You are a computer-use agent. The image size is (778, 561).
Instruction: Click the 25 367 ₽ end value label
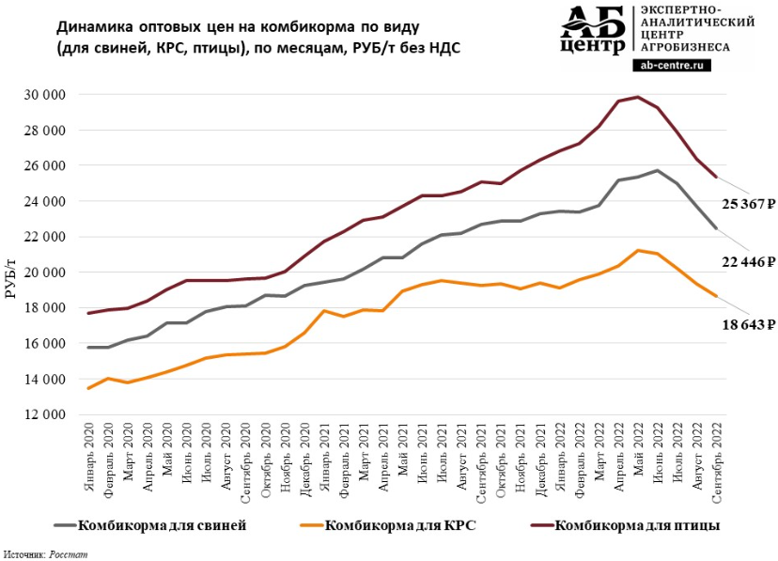point(742,203)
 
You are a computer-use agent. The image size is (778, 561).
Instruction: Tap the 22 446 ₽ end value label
point(742,261)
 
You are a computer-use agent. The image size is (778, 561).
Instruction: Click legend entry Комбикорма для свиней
point(163,525)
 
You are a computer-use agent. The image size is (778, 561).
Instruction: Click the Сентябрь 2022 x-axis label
point(717,458)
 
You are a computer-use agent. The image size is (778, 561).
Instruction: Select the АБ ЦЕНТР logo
point(592,31)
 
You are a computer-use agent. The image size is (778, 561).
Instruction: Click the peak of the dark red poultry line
point(638,97)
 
